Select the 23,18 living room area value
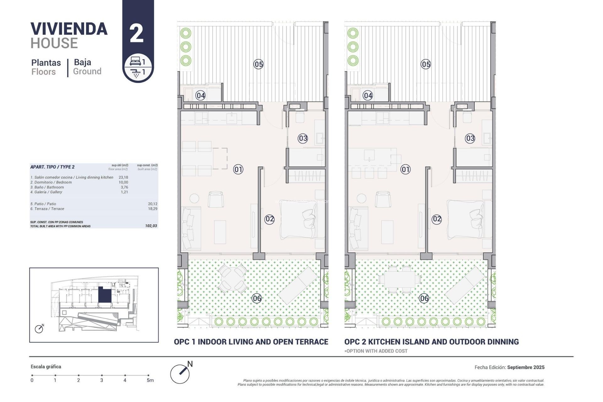pos(123,177)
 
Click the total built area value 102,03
pos(151,226)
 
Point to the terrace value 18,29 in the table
pos(153,209)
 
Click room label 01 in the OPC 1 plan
pos(238,170)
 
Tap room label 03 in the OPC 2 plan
pos(470,138)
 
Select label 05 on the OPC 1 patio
pos(258,64)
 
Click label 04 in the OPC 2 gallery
pos(367,95)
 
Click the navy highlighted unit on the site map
pos(105,295)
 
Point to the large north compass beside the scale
pos(180,374)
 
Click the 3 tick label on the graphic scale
pos(101,380)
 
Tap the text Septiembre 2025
pos(526,367)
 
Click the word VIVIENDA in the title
pos(69,29)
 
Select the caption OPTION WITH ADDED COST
pos(376,351)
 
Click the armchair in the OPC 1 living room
pos(215,199)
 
